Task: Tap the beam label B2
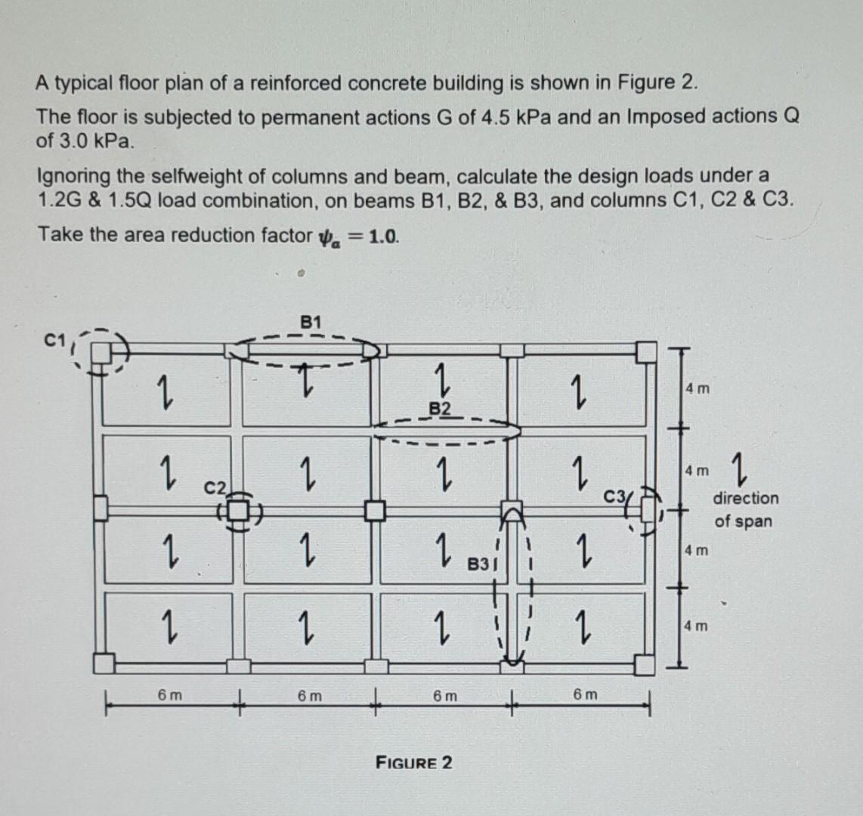tap(441, 409)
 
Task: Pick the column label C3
tap(614, 496)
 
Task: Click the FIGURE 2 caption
tap(414, 762)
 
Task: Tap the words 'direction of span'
tap(744, 509)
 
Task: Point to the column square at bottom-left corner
tap(103, 663)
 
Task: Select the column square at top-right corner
tap(645, 351)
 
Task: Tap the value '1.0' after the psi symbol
tap(383, 235)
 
